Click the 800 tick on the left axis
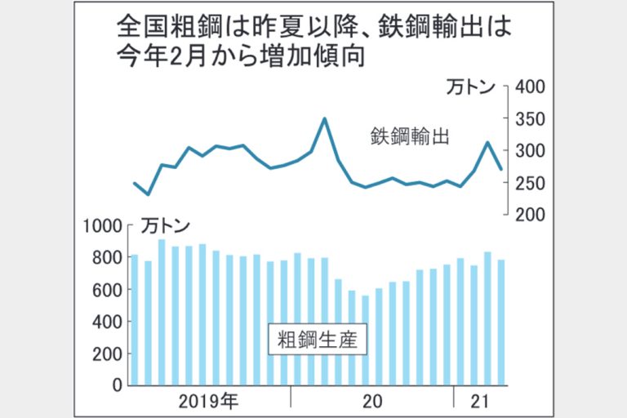pos(108,257)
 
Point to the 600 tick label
pos(108,290)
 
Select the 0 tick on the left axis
pos(116,384)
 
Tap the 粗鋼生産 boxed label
pos(318,338)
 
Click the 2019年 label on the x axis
pos(209,401)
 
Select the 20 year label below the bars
pos(372,401)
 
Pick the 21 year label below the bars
pos(478,401)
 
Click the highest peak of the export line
pos(325,118)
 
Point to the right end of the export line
pos(500,169)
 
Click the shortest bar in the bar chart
pos(365,340)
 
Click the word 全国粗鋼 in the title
pos(153,29)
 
